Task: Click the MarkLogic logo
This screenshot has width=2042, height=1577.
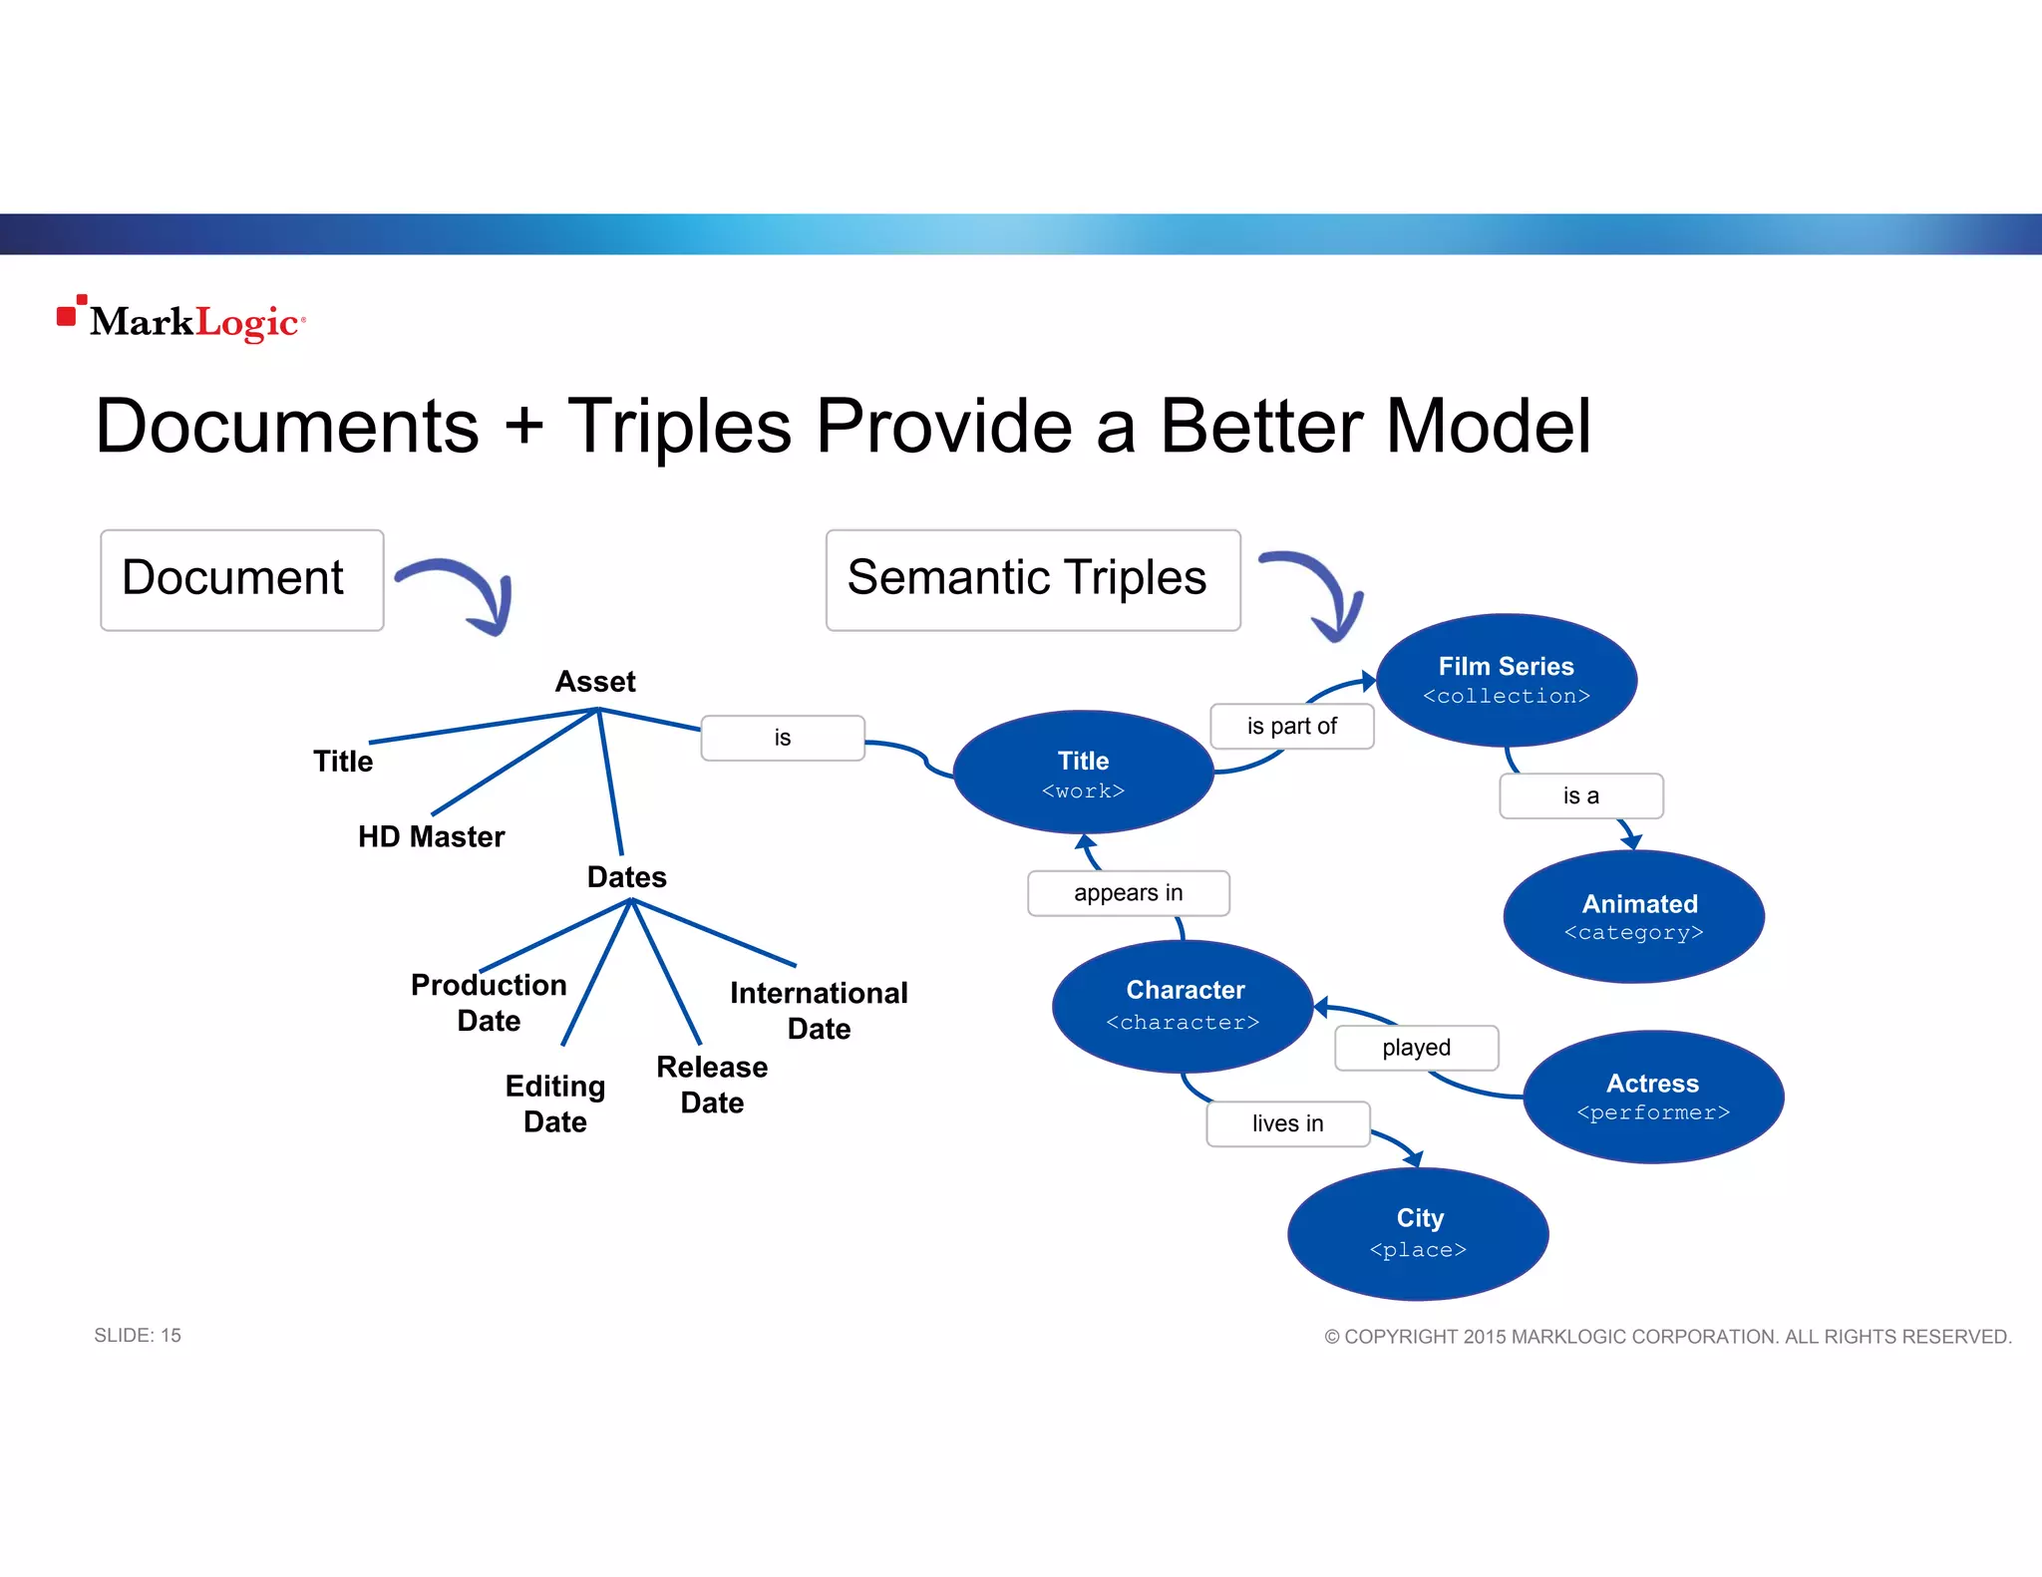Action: (181, 320)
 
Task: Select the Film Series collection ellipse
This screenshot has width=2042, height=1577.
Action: (1506, 680)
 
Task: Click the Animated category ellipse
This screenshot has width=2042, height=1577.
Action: (1633, 917)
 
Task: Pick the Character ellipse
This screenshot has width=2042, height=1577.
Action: (1183, 1005)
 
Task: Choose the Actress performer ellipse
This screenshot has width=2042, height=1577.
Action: (1653, 1097)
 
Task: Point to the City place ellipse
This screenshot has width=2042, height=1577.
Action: (1418, 1233)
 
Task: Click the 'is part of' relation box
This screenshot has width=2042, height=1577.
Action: (1291, 727)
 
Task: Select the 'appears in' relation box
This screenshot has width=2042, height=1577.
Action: (1128, 893)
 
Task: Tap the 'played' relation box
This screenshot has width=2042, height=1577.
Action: (1416, 1048)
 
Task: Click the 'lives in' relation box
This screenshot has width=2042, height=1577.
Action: (1287, 1124)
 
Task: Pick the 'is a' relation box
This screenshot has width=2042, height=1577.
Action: (1580, 796)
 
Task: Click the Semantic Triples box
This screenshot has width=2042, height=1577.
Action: (1033, 580)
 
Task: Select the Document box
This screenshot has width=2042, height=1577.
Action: (242, 580)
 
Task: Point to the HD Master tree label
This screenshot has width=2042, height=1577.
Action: (431, 836)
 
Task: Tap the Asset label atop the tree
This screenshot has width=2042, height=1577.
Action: (595, 682)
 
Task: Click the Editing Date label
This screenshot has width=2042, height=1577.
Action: (555, 1104)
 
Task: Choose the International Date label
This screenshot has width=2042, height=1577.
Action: (819, 1010)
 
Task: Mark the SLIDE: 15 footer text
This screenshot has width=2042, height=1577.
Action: (138, 1336)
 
